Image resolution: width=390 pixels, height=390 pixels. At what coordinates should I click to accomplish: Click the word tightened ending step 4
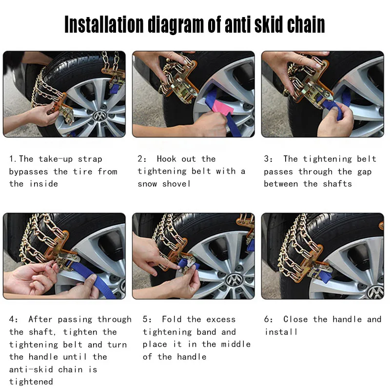31,382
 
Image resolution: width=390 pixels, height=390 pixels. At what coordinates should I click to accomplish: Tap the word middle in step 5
235,344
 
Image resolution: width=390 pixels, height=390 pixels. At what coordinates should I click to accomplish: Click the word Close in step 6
295,319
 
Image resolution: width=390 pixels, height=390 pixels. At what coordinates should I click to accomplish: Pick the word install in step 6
281,332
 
